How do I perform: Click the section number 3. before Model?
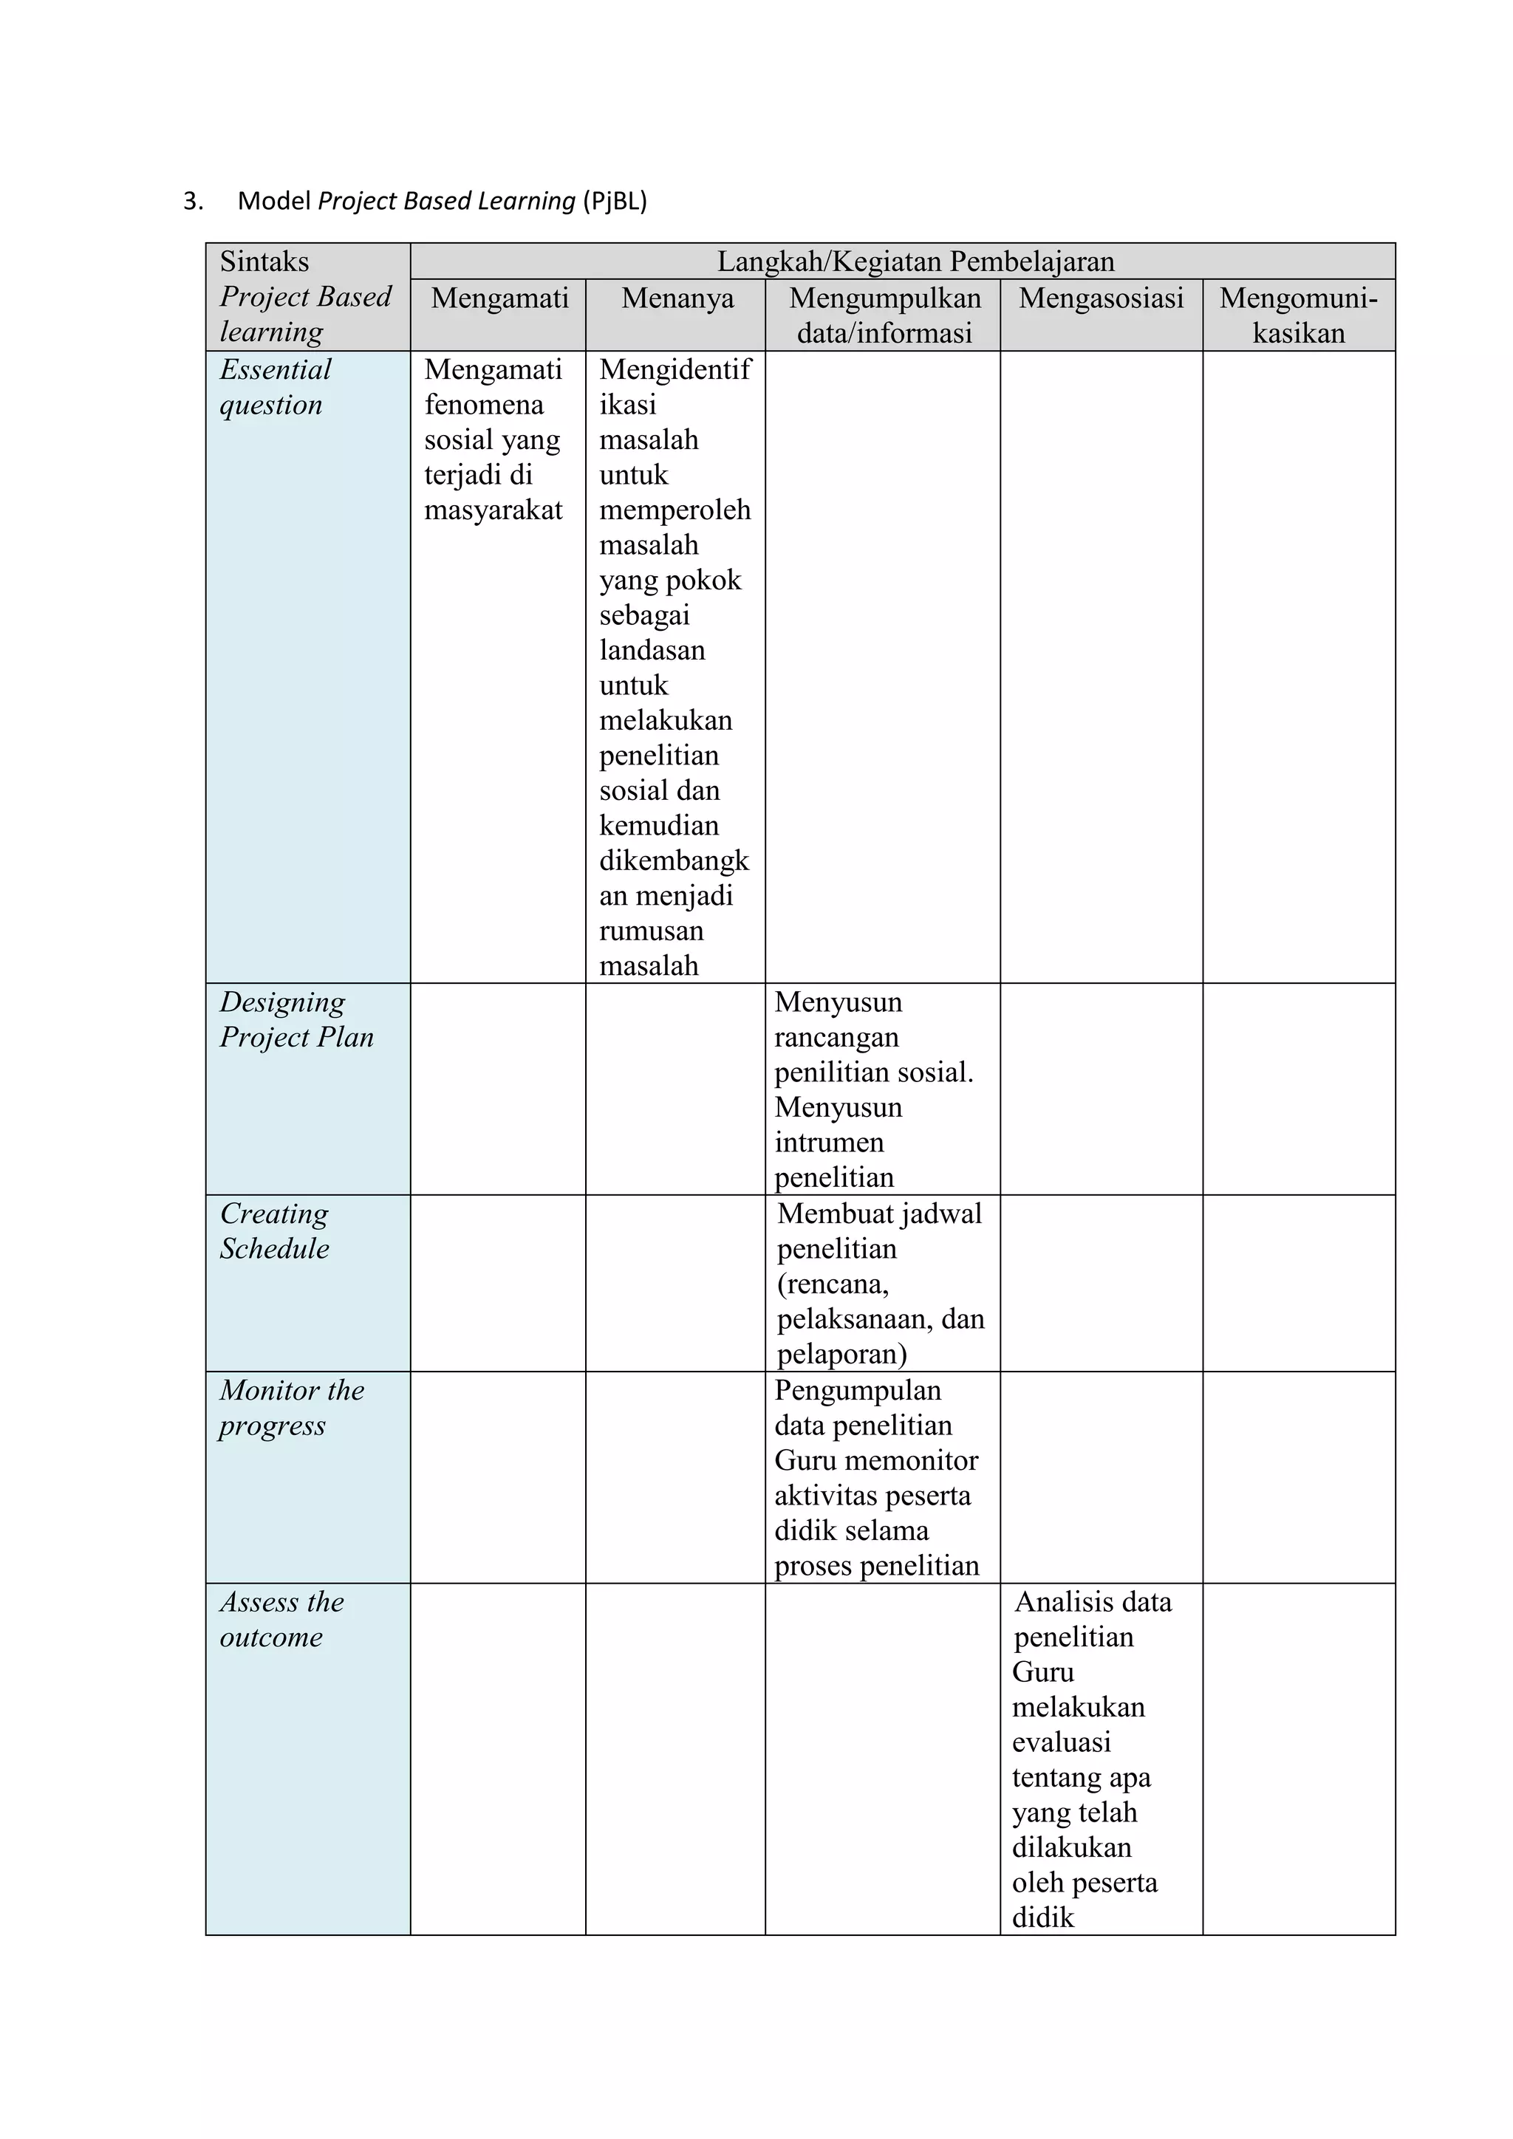[193, 201]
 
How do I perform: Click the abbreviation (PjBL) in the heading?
[614, 201]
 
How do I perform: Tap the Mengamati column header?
[499, 298]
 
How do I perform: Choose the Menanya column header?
[677, 298]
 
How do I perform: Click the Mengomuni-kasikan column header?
[1298, 315]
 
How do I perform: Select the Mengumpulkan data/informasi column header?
[884, 315]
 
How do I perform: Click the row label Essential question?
[275, 386]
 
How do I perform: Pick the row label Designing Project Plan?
[296, 1019]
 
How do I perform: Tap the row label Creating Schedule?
[274, 1231]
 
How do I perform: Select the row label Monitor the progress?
[290, 1407]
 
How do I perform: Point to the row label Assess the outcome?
[281, 1618]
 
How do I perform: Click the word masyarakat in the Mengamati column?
[493, 510]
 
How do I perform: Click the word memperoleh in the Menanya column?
[674, 510]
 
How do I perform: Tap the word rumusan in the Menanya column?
[651, 931]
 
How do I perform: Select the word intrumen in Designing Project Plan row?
[828, 1142]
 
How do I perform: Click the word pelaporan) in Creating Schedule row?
[841, 1354]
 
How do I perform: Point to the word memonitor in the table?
[913, 1459]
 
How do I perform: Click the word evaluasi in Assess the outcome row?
[1061, 1741]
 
